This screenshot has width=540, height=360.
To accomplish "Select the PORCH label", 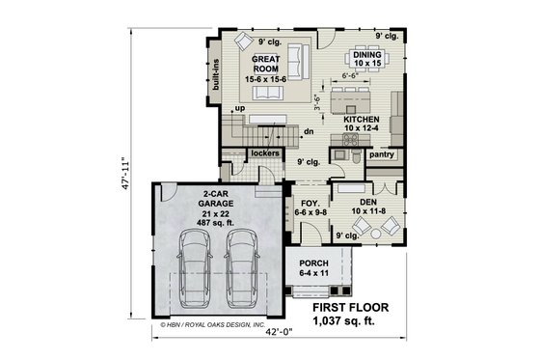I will click(313, 263).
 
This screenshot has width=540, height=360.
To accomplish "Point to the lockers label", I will click(264, 153).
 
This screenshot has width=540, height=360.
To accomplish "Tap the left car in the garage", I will click(197, 269).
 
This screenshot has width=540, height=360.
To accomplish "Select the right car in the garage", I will click(241, 269).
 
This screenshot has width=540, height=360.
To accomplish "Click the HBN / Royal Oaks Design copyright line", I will click(210, 326).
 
